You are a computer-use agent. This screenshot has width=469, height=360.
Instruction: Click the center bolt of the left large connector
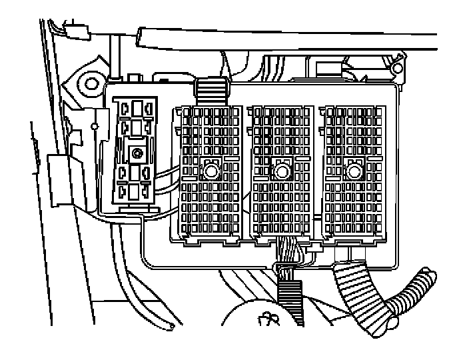click(212, 171)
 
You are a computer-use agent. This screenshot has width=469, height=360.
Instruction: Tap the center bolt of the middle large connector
click(282, 172)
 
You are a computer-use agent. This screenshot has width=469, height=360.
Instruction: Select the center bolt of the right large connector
click(353, 172)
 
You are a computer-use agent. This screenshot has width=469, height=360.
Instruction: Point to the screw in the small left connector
click(137, 153)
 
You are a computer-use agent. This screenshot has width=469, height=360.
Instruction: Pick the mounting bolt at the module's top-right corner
click(398, 68)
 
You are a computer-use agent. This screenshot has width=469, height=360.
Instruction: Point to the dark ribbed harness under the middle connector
click(291, 303)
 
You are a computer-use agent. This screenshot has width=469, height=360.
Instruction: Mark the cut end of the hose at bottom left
click(173, 326)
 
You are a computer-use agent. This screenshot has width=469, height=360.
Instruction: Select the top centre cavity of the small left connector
click(137, 107)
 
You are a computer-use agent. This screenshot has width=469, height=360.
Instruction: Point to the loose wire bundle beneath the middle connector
click(288, 257)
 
